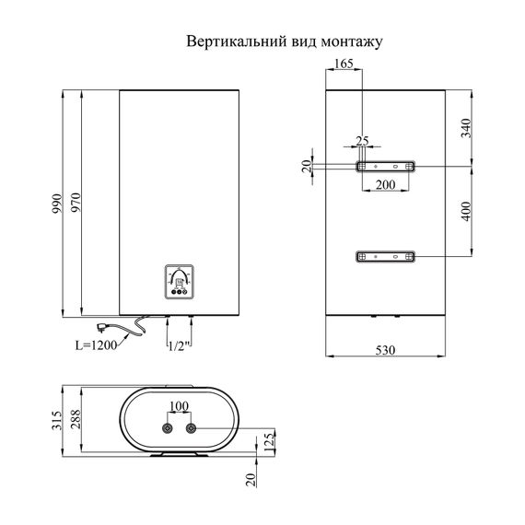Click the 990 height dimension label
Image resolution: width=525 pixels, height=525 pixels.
coord(57,203)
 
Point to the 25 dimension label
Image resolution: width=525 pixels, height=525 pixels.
coord(362,140)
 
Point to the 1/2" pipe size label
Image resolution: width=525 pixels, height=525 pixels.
coord(179,345)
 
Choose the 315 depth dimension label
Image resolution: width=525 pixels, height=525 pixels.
coord(57,423)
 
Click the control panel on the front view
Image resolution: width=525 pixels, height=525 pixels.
coord(181,281)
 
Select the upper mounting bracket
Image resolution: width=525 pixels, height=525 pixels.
coord(385,167)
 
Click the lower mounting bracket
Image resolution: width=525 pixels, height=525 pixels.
coord(385,255)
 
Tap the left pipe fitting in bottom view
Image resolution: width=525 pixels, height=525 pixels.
coord(168,429)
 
